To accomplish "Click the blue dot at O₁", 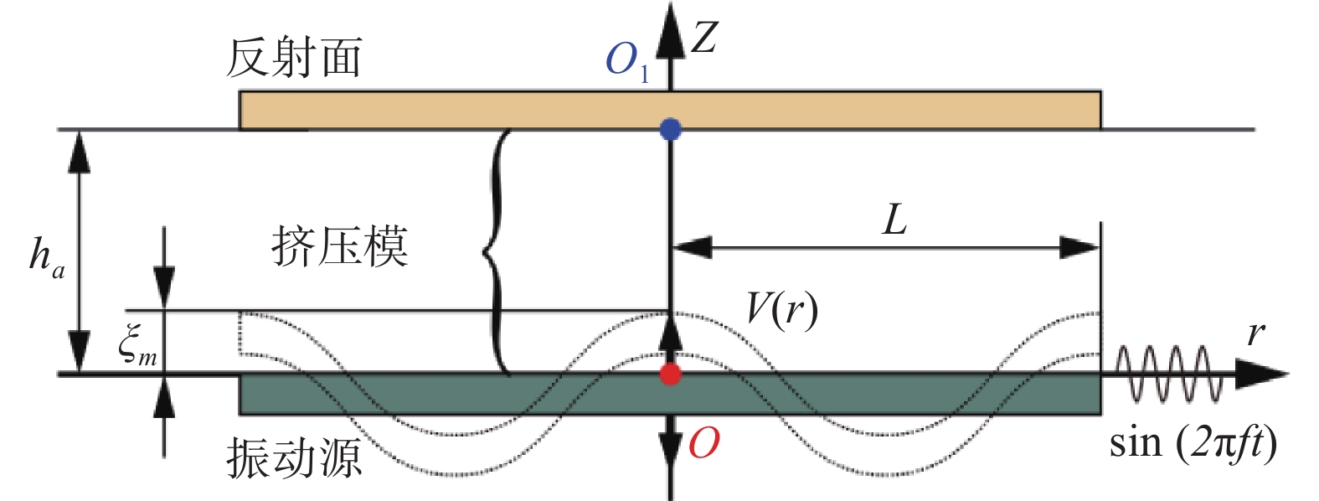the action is tap(670, 129).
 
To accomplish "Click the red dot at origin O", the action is tap(670, 374).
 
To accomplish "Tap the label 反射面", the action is tap(294, 58).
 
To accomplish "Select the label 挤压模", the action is tap(340, 246).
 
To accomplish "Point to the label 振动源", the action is tap(294, 457).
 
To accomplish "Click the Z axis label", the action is tap(704, 37).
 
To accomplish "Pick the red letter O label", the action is tap(704, 442).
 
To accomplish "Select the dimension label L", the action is tap(894, 220).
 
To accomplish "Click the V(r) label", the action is tap(782, 309).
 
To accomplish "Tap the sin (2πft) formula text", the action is tap(1193, 442).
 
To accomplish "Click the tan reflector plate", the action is tap(670, 110).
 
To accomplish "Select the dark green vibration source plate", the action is tap(670, 395).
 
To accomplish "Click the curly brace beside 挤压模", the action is tap(497, 252).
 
